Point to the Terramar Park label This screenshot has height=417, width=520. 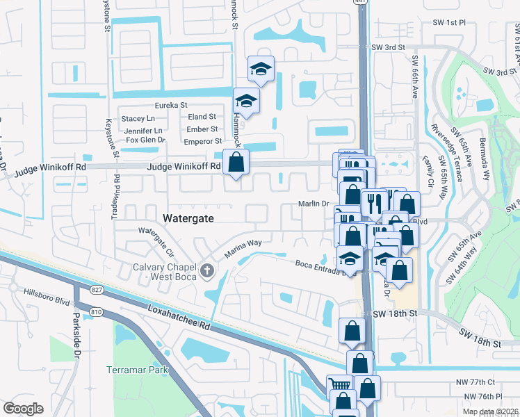tap(139, 370)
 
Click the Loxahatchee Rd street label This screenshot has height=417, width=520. tap(177, 314)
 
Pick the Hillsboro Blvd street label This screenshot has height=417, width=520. tap(47, 293)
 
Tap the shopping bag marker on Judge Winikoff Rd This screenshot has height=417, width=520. tap(236, 163)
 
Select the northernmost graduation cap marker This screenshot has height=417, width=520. tap(261, 68)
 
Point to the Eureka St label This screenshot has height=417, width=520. tap(171, 105)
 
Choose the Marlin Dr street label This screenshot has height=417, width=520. tap(313, 203)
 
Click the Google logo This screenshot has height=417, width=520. tap(23, 408)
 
